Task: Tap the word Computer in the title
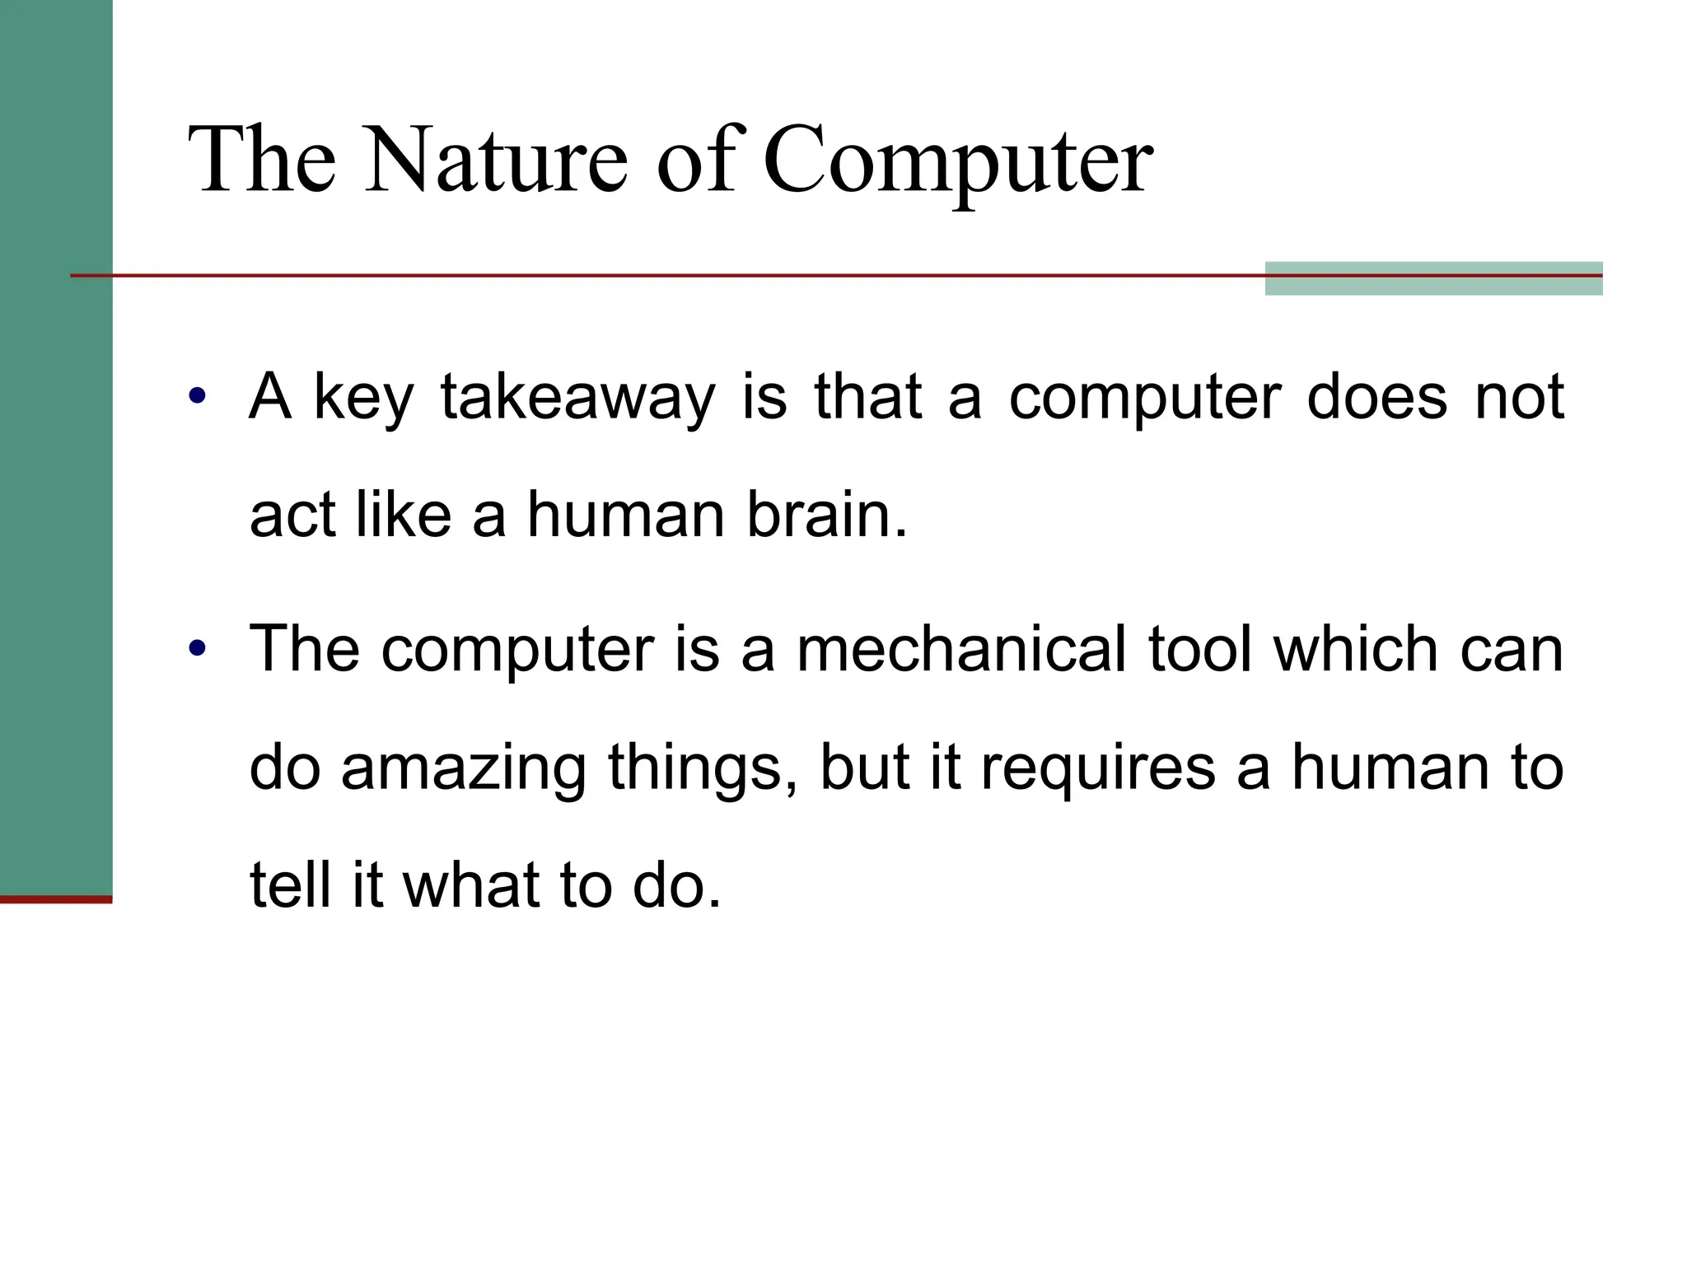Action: click(x=957, y=161)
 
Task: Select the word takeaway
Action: click(x=577, y=398)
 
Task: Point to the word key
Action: click(x=362, y=399)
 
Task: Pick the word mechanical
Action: click(x=960, y=649)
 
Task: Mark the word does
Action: click(x=1376, y=398)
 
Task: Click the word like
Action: click(x=404, y=516)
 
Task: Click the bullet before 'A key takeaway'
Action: click(x=196, y=396)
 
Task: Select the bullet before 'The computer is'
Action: click(x=196, y=648)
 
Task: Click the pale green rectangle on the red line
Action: click(x=1432, y=278)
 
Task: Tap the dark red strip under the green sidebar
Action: click(x=55, y=899)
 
